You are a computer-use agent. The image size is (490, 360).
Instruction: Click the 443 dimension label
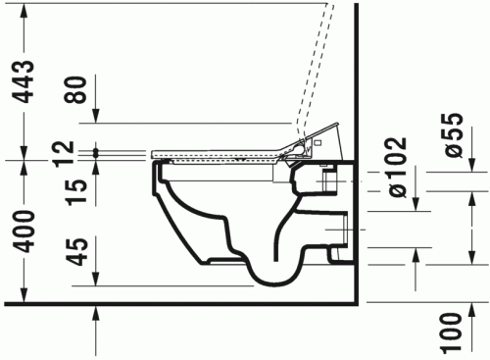pyautogui.click(x=24, y=81)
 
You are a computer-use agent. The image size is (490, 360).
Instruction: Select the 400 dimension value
pyautogui.click(x=24, y=231)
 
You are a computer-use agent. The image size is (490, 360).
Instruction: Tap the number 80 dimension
pyautogui.click(x=76, y=90)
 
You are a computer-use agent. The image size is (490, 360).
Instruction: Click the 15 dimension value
pyautogui.click(x=76, y=192)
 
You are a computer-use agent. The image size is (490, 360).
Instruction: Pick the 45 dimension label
pyautogui.click(x=76, y=252)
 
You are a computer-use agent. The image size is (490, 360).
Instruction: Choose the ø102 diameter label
pyautogui.click(x=397, y=168)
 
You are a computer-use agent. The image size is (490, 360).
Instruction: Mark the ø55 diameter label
pyautogui.click(x=453, y=135)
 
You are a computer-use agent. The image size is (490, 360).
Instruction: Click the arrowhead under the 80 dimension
pyautogui.click(x=95, y=116)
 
